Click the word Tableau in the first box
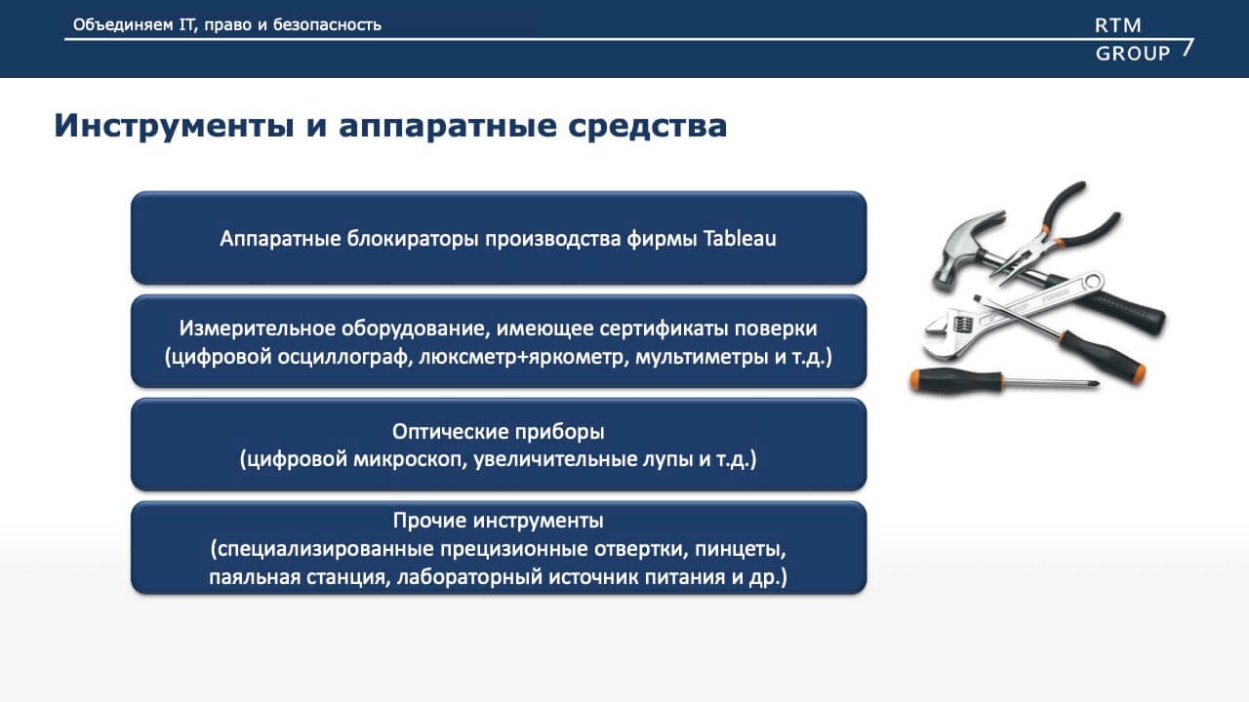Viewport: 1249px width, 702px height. click(740, 239)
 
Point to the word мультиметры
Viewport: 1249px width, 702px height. click(702, 357)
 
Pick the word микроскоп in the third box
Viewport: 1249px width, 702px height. click(410, 459)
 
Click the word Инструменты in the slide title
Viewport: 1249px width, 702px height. click(174, 126)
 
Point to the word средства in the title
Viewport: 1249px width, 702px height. click(648, 126)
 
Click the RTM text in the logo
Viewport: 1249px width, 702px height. click(1118, 25)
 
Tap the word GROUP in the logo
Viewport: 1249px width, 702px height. click(1133, 54)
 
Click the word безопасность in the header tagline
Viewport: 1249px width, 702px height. click(327, 25)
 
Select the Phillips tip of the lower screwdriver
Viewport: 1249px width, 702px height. click(1094, 384)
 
